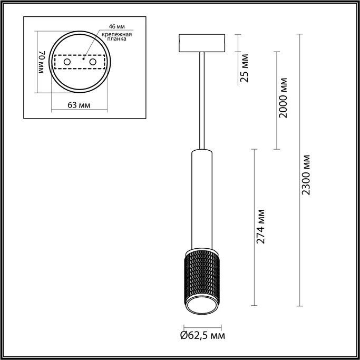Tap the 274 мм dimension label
pyautogui.click(x=260, y=227)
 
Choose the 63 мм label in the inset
pyautogui.click(x=79, y=105)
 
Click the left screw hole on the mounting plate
pyautogui.click(x=67, y=62)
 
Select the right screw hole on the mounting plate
pyautogui.click(x=93, y=62)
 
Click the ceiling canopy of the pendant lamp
pyautogui.click(x=202, y=43)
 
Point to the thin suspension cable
pyautogui.click(x=202, y=100)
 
